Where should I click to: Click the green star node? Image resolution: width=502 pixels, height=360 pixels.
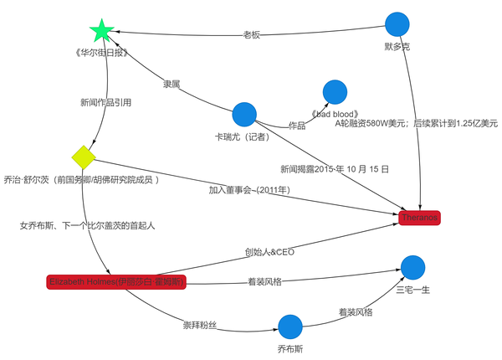coord(101,32)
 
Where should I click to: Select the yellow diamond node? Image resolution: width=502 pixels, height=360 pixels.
coord(84,157)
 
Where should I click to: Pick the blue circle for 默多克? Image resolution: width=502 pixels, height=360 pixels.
coord(397,25)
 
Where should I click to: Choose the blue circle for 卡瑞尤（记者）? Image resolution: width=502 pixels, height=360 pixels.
coord(243,114)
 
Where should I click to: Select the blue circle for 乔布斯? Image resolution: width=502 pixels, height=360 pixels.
coord(289,327)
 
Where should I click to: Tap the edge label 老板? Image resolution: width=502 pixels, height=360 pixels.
coord(252,35)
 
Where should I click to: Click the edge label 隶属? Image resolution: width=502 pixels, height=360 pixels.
coord(172,85)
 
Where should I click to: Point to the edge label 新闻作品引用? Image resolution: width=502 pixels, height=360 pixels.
coord(105,103)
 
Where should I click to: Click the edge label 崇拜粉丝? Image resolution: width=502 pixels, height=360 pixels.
coord(200,324)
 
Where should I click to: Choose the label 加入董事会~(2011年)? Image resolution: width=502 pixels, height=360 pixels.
coord(249,190)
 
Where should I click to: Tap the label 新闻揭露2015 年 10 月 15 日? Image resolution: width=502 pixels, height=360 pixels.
coord(334,168)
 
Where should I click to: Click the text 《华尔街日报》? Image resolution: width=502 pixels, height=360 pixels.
coord(100,53)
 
